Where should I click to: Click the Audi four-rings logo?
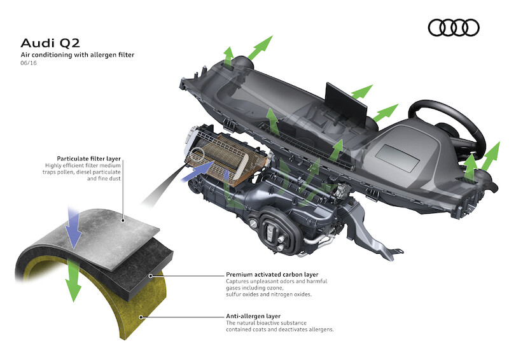(x=453, y=27)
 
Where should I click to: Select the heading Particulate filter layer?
(x=88, y=158)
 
